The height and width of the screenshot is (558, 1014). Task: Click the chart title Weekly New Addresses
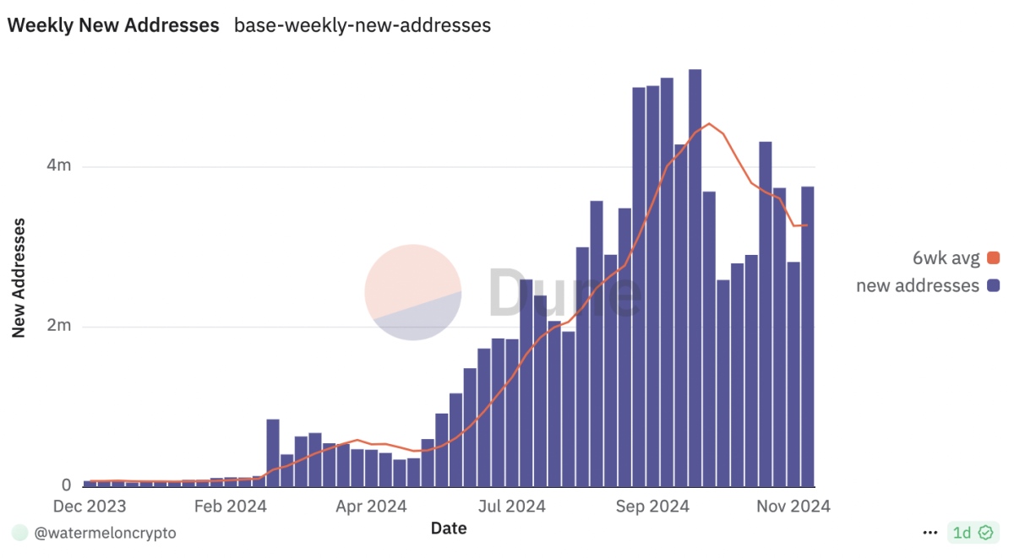pyautogui.click(x=113, y=25)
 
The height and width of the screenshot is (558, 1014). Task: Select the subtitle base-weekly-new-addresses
pyautogui.click(x=362, y=25)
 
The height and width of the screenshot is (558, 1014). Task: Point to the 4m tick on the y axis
pyautogui.click(x=59, y=166)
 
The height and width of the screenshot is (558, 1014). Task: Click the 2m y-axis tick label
pyautogui.click(x=59, y=326)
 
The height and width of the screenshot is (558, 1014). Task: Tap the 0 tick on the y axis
pyautogui.click(x=66, y=485)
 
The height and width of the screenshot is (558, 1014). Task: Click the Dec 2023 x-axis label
pyautogui.click(x=90, y=507)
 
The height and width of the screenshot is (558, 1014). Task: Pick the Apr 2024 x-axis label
pyautogui.click(x=372, y=507)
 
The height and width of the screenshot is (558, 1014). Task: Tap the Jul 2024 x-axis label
pyautogui.click(x=511, y=507)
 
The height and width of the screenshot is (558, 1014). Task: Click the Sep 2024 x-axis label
pyautogui.click(x=653, y=507)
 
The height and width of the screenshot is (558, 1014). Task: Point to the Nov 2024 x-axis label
pyautogui.click(x=793, y=507)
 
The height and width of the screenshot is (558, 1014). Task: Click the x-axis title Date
pyautogui.click(x=448, y=528)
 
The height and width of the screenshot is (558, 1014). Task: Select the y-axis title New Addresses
pyautogui.click(x=19, y=278)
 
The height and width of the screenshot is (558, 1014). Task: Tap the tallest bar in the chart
pyautogui.click(x=695, y=279)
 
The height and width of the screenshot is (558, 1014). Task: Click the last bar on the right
pyautogui.click(x=808, y=338)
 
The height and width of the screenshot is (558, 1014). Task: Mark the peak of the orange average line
pyautogui.click(x=710, y=124)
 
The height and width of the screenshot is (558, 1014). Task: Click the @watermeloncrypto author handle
pyautogui.click(x=105, y=534)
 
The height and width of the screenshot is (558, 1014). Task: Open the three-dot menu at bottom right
pyautogui.click(x=930, y=533)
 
